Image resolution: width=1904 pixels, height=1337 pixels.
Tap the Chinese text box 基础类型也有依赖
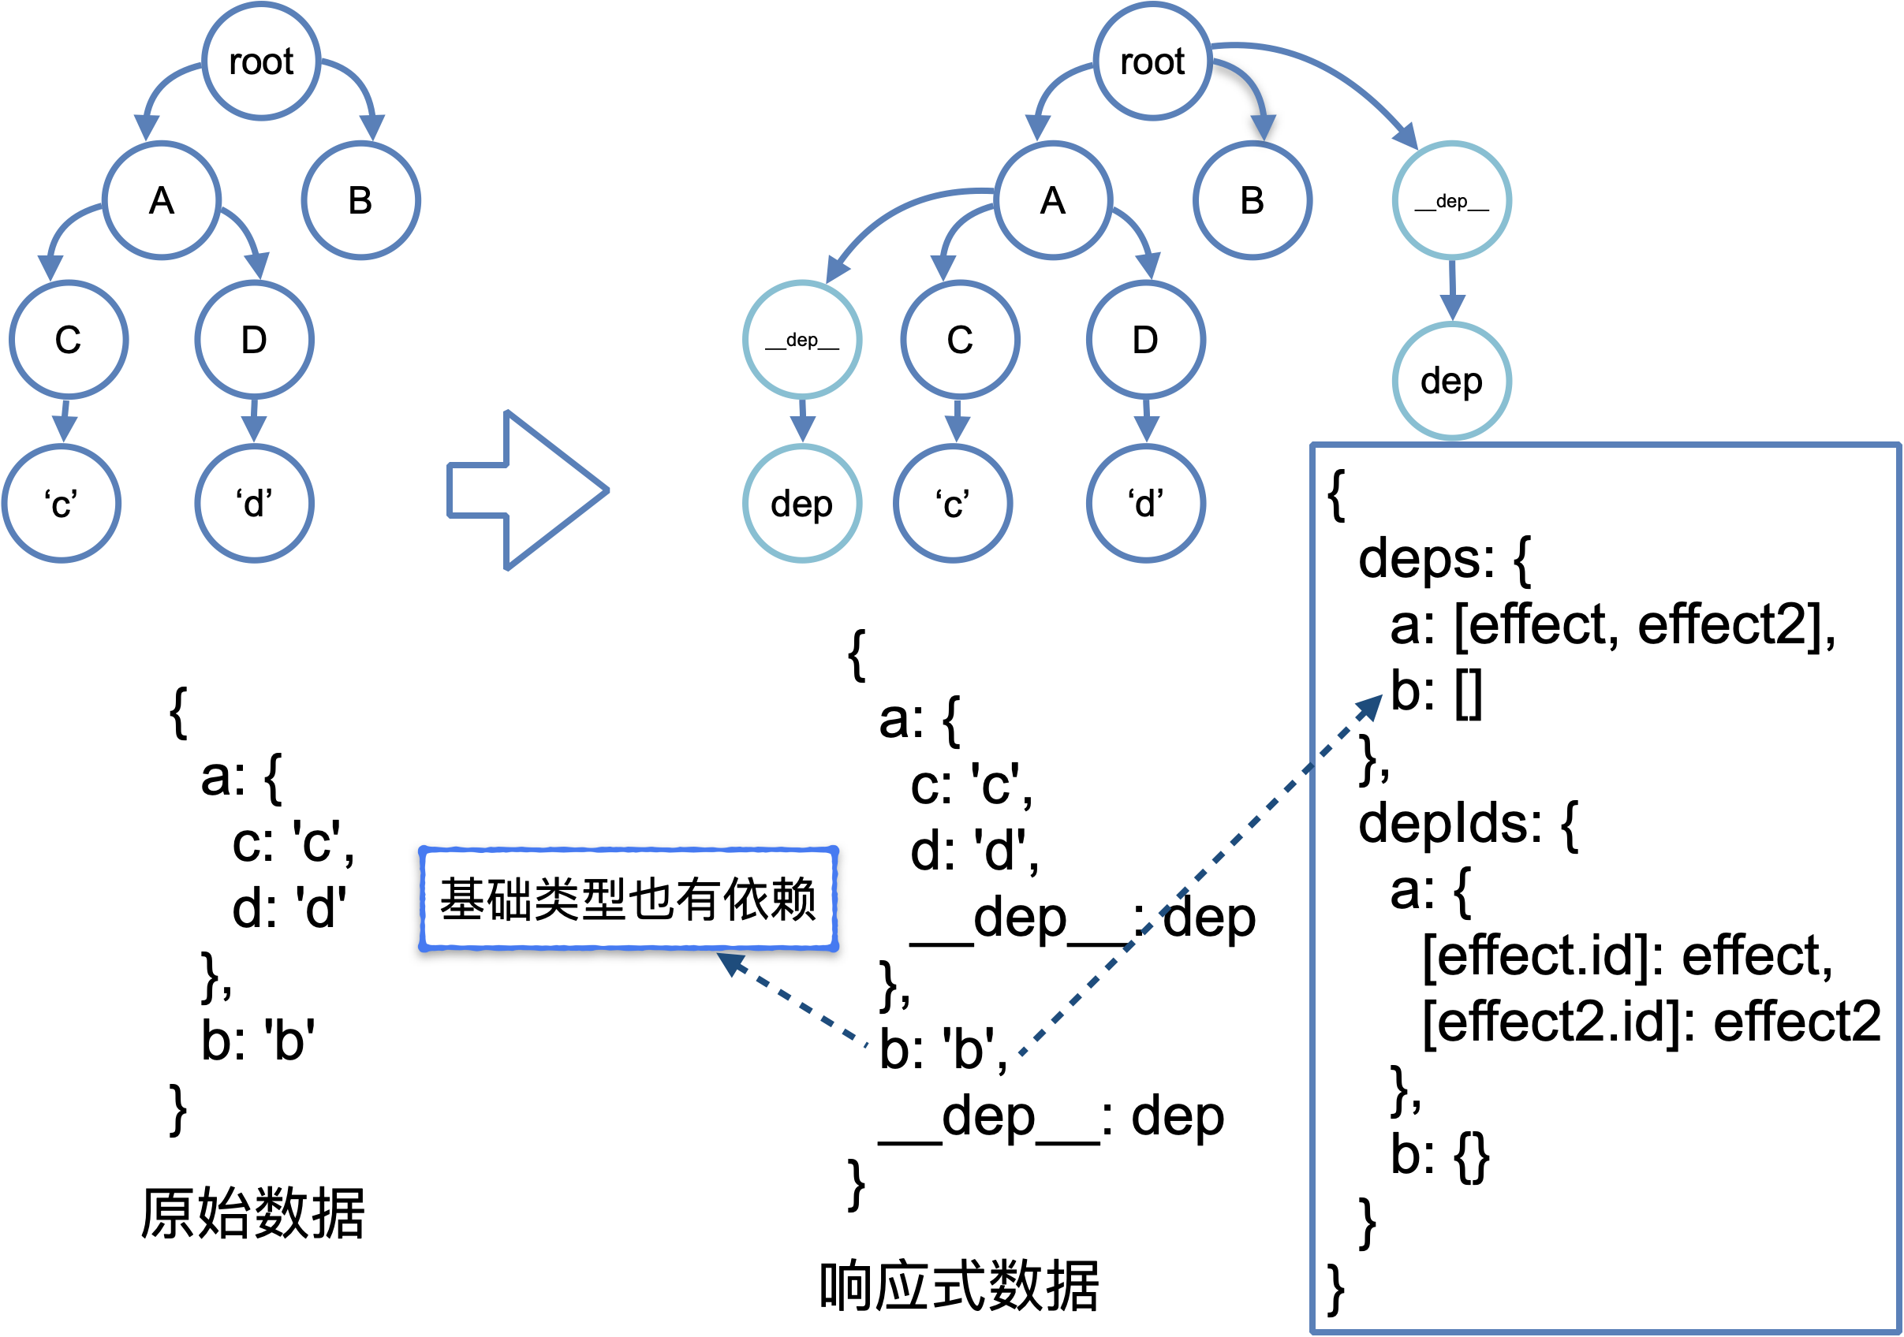tap(628, 899)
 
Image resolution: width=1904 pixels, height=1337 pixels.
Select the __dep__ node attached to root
tap(1451, 200)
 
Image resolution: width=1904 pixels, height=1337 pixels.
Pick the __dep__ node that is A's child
tap(802, 340)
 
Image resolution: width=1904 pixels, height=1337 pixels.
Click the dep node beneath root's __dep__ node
tap(1451, 382)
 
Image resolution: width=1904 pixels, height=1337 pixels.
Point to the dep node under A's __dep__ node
tap(802, 503)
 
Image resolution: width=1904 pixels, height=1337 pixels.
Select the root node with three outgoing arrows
tap(1152, 61)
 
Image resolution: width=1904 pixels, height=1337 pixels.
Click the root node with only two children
tap(261, 61)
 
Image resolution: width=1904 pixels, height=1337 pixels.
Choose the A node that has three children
tap(1053, 200)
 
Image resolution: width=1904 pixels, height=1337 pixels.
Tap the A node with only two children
tap(162, 200)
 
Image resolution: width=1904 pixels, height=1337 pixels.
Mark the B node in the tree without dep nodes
tap(360, 200)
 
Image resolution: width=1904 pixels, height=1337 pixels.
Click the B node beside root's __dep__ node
tap(1253, 200)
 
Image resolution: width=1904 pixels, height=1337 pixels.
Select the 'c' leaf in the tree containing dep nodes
tap(953, 503)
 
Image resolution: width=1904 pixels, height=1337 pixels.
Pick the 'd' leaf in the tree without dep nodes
tap(255, 503)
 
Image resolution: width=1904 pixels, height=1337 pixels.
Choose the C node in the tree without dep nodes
tap(69, 340)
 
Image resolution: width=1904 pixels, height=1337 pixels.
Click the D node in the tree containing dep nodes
tap(1145, 340)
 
